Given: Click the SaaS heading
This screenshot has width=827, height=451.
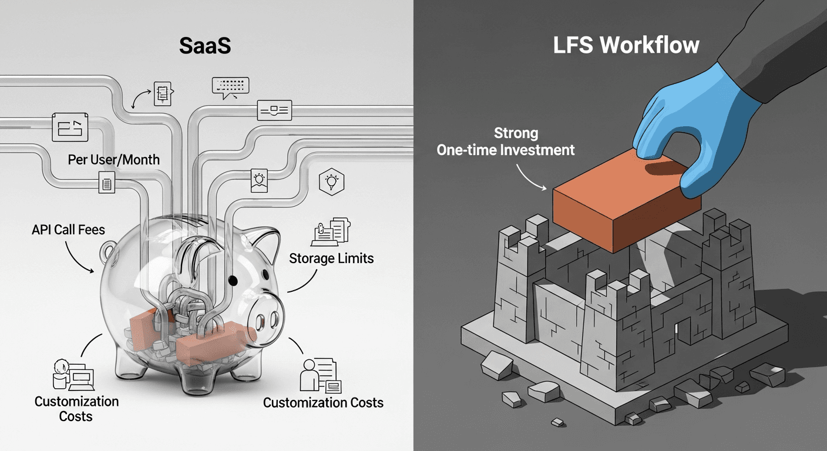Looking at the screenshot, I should [205, 46].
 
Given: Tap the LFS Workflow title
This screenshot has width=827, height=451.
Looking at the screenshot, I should [626, 46].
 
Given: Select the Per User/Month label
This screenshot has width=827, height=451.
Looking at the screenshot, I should [113, 160].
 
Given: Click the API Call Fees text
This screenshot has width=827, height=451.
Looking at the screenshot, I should [69, 230].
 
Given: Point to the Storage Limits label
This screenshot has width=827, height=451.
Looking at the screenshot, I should [331, 258].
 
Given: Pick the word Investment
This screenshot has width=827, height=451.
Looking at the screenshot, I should [539, 150].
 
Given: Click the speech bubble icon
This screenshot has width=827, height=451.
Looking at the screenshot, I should [230, 86].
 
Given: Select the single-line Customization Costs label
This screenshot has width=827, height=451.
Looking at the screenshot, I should [323, 403].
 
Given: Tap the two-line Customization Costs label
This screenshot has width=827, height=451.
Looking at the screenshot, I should [76, 409].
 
